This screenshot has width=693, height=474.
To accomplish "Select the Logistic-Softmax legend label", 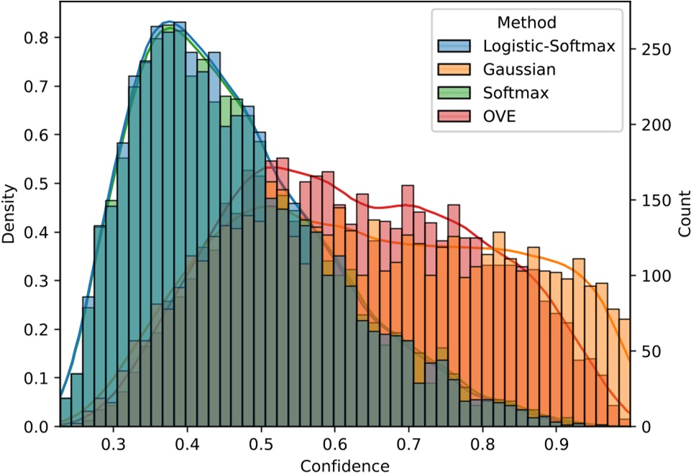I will [549, 47].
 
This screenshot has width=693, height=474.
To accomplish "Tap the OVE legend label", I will [500, 116].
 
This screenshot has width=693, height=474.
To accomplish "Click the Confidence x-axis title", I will [345, 465].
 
